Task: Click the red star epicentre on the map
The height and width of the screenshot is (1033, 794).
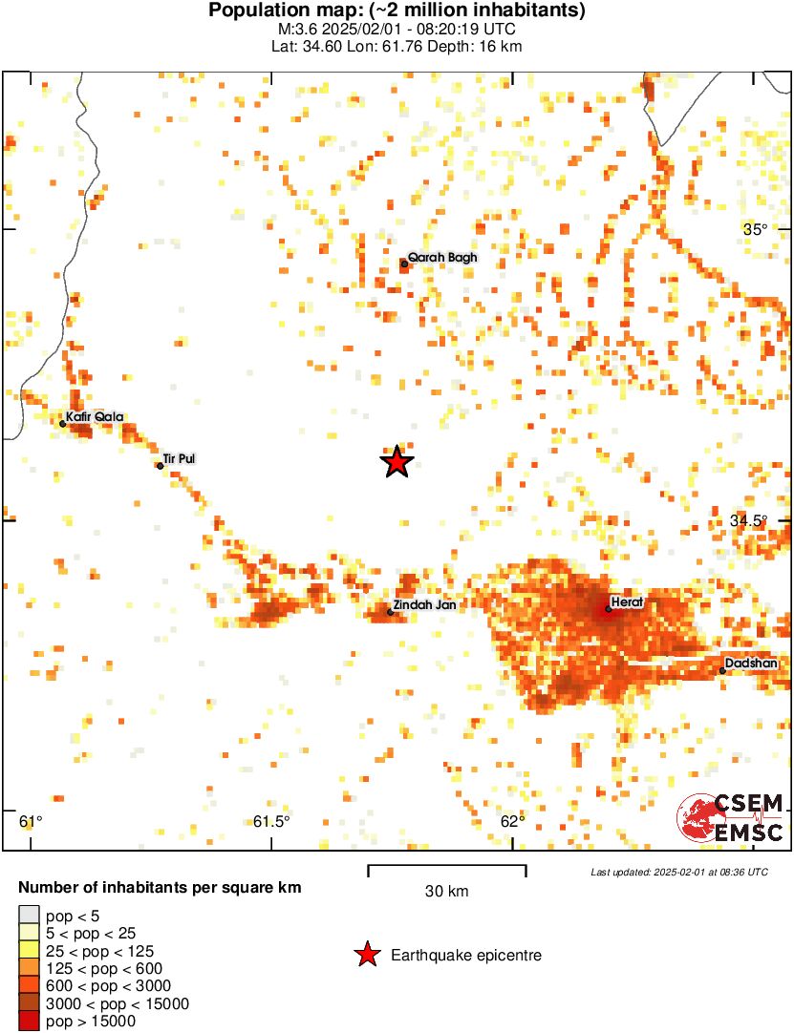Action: [x=397, y=462]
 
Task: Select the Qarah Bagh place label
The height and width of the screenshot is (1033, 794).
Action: [x=441, y=258]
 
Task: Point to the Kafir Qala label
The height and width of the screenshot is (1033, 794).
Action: [x=95, y=416]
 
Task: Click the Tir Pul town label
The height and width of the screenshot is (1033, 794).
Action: [x=180, y=459]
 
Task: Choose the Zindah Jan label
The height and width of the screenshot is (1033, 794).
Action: [x=424, y=604]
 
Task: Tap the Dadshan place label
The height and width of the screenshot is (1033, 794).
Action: [x=751, y=663]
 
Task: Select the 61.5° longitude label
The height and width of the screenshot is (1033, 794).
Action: [x=272, y=822]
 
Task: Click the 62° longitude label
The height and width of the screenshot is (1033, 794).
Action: [x=513, y=822]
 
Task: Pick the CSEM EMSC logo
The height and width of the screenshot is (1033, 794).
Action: [x=730, y=819]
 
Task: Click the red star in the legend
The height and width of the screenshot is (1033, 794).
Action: [x=366, y=955]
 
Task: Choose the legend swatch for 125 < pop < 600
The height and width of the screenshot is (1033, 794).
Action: [x=29, y=969]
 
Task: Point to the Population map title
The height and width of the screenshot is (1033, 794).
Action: [x=397, y=11]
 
